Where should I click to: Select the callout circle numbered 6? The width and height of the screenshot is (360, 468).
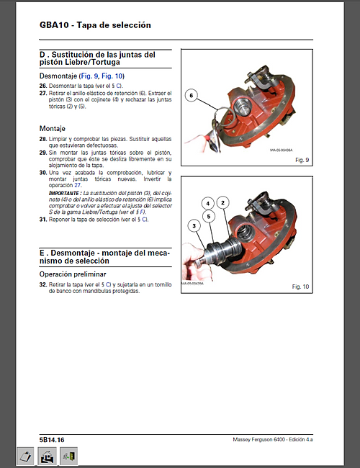point(192,95)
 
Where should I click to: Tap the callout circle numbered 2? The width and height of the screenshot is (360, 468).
point(223,203)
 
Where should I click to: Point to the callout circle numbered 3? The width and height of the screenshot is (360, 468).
point(194,226)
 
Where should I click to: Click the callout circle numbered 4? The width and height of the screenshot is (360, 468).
point(207,203)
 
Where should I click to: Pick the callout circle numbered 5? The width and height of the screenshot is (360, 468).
point(207,215)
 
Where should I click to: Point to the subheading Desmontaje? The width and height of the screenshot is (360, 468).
point(58,76)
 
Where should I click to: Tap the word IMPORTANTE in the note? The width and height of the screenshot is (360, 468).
point(66,194)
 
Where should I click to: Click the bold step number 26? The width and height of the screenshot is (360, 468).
point(42,86)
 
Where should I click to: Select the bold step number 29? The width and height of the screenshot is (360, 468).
point(42,153)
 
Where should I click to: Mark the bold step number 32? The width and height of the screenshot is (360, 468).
point(42,285)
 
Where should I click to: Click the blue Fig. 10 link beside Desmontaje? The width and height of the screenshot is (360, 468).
point(113,76)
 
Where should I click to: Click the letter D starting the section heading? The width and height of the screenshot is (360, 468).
point(43,54)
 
